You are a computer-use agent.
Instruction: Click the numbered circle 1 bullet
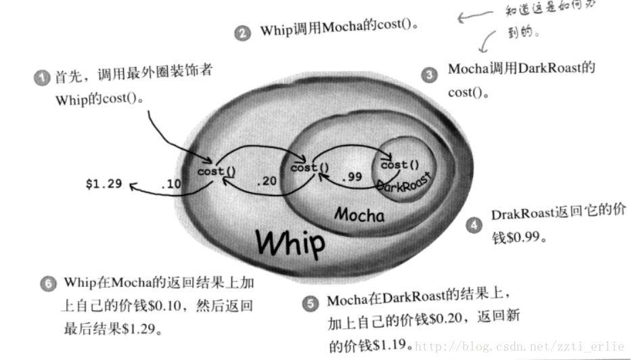pos(43,79)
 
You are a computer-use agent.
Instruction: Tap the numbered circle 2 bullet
pos(243,32)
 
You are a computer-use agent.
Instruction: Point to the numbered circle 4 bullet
pos(474,226)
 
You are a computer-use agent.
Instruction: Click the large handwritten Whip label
pos(290,242)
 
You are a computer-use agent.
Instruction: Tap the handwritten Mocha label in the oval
pos(359,215)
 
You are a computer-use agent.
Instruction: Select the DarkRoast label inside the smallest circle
pos(403,182)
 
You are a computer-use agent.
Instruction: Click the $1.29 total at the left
pos(104,183)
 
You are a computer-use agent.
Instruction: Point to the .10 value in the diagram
pos(170,183)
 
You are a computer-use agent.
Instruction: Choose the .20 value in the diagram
pos(268,181)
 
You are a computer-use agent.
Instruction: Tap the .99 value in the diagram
pos(351,177)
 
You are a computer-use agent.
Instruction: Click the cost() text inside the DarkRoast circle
pos(400,164)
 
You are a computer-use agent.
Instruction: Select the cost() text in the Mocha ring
pos(309,167)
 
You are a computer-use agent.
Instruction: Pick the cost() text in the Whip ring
pos(217,171)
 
